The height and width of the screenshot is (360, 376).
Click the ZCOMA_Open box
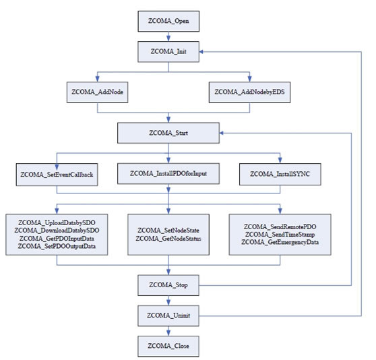click(x=168, y=21)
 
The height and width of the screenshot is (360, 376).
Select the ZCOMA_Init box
click(x=168, y=51)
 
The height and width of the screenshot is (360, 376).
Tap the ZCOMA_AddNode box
click(x=97, y=92)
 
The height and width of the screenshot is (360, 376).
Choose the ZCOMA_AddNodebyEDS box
click(x=249, y=92)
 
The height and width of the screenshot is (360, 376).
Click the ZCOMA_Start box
click(x=168, y=133)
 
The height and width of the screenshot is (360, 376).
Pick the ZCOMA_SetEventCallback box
click(x=57, y=175)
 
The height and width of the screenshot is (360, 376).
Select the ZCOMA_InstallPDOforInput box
click(x=168, y=174)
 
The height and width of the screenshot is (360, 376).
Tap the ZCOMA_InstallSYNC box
click(x=280, y=174)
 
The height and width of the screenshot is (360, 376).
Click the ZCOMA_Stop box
click(x=168, y=285)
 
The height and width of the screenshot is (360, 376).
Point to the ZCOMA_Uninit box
click(x=168, y=316)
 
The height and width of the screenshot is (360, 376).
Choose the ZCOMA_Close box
click(x=168, y=346)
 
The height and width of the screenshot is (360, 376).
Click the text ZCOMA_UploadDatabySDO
click(x=57, y=223)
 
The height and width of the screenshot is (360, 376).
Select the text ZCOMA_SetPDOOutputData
click(x=57, y=246)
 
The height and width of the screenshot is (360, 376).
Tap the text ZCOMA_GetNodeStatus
click(x=168, y=239)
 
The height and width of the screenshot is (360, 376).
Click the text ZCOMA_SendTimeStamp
click(x=280, y=235)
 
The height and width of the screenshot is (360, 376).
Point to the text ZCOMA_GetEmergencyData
click(x=280, y=242)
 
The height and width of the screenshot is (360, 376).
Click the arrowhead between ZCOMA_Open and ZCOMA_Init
click(x=168, y=38)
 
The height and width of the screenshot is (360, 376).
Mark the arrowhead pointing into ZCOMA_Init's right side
click(x=202, y=51)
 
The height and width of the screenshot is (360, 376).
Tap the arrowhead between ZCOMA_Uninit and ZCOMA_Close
click(x=168, y=332)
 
